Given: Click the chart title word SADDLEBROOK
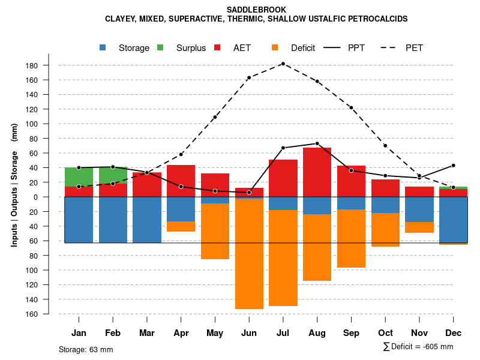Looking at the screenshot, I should coord(256,10).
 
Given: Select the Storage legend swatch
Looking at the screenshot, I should coord(103,47).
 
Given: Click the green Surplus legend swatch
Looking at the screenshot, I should coord(160,47).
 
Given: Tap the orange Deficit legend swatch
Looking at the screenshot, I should coord(275,47).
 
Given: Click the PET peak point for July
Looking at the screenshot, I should coord(283,64).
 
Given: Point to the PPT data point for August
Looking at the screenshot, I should coord(317,143).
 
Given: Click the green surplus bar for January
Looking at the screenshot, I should coord(79,177).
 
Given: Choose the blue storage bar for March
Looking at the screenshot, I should coord(147,220).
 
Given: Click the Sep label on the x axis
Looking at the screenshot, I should coord(351,333).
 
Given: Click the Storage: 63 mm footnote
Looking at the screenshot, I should coord(86,349).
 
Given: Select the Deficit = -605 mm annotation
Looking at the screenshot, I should coord(418,347).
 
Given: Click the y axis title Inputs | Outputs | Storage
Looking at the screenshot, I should coord(14,185).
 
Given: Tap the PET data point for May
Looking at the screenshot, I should coord(215,117).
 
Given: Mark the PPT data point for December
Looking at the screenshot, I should coord(454,165).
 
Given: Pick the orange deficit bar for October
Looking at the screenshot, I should coord(385,230).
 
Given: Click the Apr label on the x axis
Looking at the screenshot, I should coord(181,333).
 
